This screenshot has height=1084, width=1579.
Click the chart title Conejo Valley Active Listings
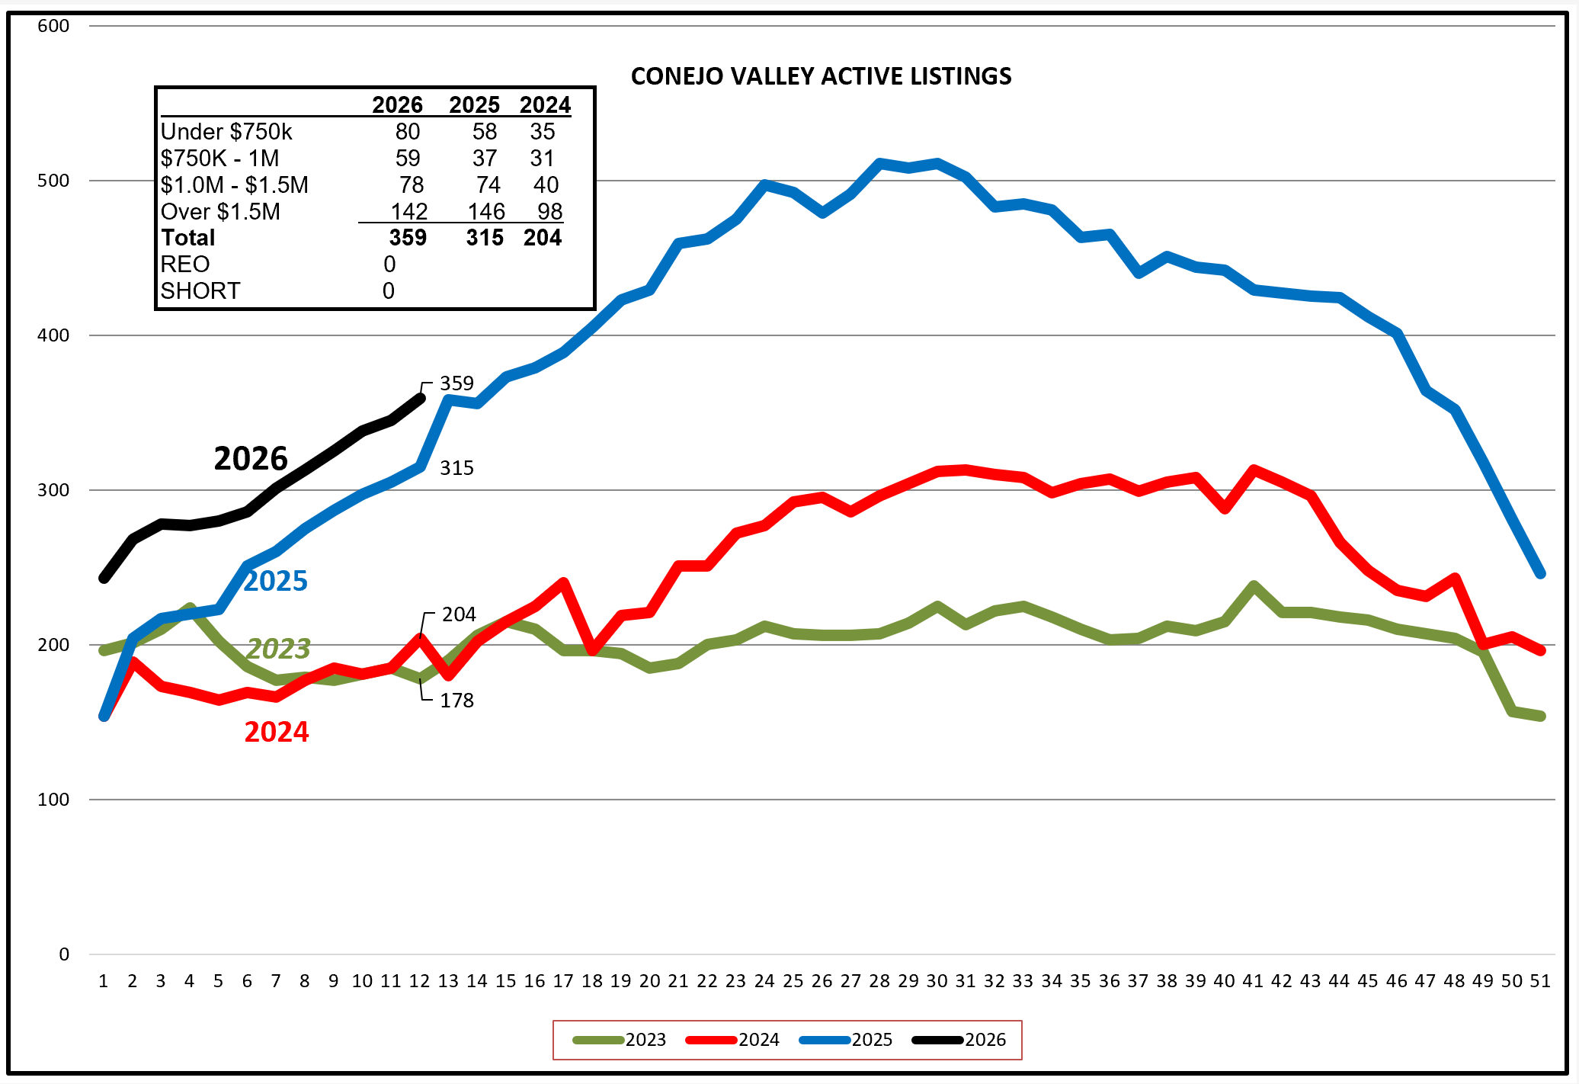point(821,76)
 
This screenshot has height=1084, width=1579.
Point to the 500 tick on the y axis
point(53,181)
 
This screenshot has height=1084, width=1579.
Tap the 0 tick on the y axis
point(64,954)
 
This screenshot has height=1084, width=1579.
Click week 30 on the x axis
point(937,981)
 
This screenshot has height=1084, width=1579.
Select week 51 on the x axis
point(1540,981)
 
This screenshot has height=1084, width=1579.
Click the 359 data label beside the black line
point(456,383)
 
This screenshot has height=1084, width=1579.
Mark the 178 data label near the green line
point(456,701)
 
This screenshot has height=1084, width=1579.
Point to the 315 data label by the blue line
point(456,468)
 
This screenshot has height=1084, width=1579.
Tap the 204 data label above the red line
point(459,614)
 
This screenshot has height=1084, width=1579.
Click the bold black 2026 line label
point(251,458)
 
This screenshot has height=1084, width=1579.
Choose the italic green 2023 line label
point(278,649)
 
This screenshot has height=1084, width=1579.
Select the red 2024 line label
point(277,732)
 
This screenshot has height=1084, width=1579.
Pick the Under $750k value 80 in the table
point(408,132)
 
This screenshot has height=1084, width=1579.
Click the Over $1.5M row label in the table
point(220,212)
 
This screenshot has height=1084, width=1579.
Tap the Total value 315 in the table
point(485,238)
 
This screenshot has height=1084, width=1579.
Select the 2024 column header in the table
point(545,105)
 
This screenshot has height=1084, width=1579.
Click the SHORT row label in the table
point(200,291)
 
